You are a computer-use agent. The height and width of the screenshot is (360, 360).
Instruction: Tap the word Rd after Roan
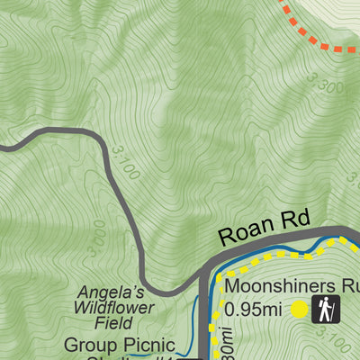294,219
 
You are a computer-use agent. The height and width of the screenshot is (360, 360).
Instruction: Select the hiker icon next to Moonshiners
325,310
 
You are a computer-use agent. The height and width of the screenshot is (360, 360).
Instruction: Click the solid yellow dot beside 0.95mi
299,310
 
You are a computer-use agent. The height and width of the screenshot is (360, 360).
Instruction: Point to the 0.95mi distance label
255,310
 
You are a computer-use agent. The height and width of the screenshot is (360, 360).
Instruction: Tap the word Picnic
139,344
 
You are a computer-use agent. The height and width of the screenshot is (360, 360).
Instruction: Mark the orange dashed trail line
310,31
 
